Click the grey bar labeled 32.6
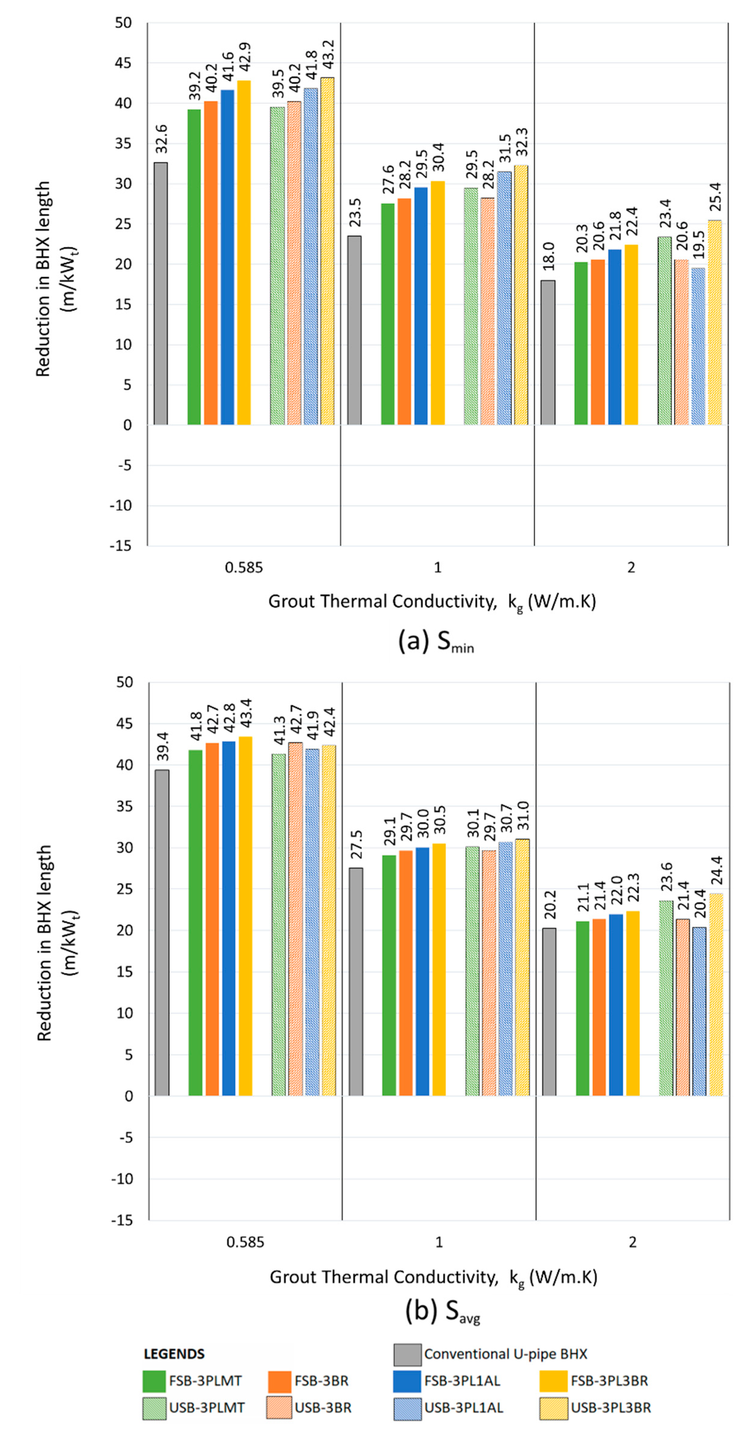click(x=161, y=293)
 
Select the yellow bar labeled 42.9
click(x=244, y=253)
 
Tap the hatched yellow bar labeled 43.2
click(x=327, y=251)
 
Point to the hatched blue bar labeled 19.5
click(x=698, y=346)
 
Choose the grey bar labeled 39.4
click(x=162, y=933)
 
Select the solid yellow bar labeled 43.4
click(x=245, y=916)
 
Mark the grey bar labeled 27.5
click(x=356, y=981)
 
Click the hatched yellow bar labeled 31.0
click(x=522, y=967)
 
